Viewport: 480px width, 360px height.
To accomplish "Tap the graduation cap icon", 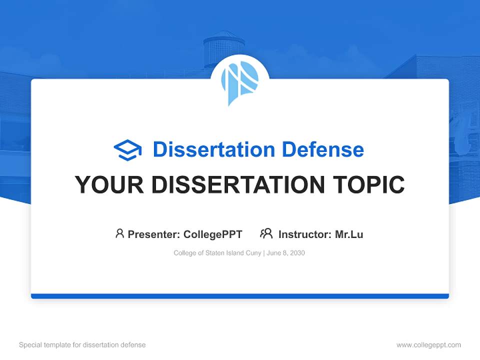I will click(127, 150).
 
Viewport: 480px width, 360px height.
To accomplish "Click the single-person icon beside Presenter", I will click(119, 233).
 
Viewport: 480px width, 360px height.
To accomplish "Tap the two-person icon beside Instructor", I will click(266, 233).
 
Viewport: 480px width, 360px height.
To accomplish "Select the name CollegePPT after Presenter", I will click(212, 234).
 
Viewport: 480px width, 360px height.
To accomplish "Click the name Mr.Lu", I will click(349, 234).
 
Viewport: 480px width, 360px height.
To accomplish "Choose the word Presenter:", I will click(154, 234).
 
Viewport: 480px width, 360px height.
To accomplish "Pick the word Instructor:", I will click(304, 234).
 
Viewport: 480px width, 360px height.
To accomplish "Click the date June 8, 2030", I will click(286, 253).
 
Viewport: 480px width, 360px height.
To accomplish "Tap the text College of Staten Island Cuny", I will click(217, 253).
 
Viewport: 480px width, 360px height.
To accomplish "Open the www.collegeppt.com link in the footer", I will click(428, 345).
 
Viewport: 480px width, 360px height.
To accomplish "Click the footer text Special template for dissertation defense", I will click(82, 345).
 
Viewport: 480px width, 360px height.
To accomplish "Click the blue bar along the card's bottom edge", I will click(239, 296).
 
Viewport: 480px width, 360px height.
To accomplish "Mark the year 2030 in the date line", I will click(296, 253).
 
